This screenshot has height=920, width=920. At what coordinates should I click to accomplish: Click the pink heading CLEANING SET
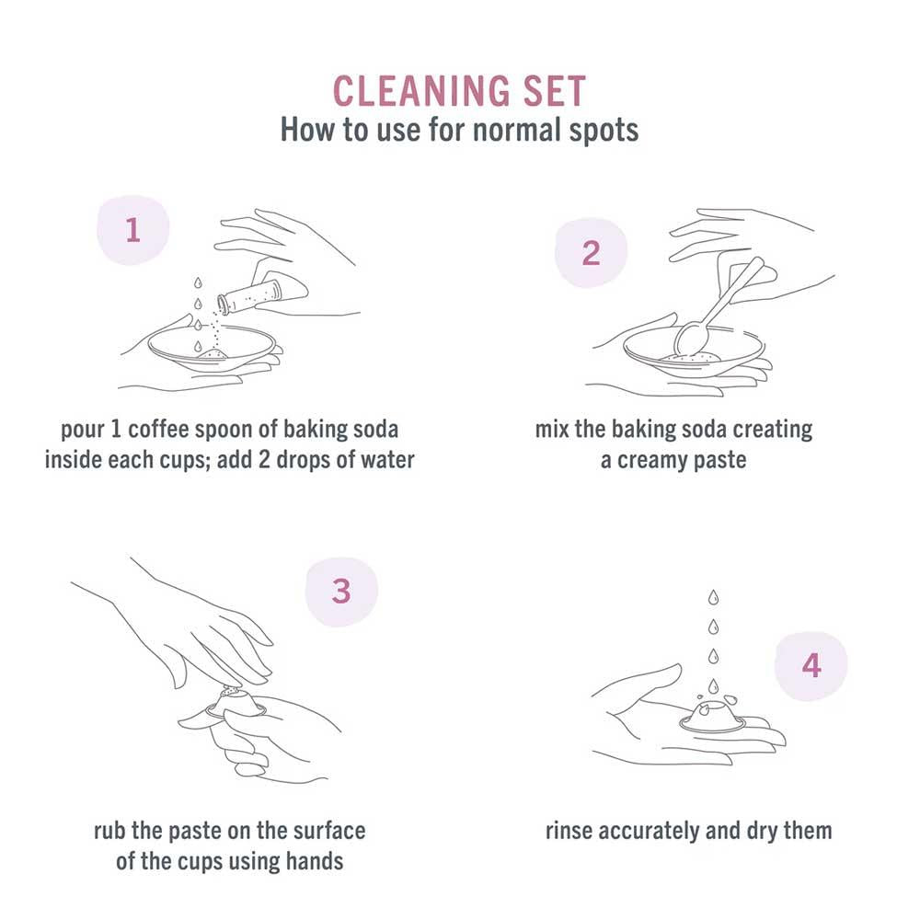[x=459, y=92]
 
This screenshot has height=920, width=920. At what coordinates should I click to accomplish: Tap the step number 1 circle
[x=133, y=229]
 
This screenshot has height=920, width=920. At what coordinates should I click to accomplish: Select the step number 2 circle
[x=591, y=253]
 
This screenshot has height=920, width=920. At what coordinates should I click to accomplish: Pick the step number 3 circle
[x=341, y=591]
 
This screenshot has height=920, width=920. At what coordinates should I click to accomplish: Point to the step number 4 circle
[x=811, y=665]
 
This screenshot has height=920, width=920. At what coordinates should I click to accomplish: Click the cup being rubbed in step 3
[x=234, y=704]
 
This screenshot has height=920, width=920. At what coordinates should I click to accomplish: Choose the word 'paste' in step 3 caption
[x=190, y=831]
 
